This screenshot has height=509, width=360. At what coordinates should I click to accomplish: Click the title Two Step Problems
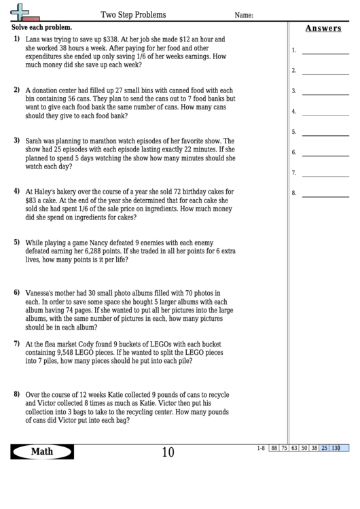[x=133, y=14]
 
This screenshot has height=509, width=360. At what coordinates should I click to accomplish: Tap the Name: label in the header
[x=245, y=15]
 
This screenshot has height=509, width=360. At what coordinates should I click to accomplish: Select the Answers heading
[x=323, y=29]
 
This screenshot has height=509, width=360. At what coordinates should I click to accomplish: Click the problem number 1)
[x=16, y=40]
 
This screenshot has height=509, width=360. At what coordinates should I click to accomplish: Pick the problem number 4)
[x=16, y=191]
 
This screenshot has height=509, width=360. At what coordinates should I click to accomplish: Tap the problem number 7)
[x=16, y=344]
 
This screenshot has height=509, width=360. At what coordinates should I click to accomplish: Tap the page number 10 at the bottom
[x=168, y=453]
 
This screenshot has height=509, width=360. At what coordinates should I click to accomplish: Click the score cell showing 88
[x=274, y=448]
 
